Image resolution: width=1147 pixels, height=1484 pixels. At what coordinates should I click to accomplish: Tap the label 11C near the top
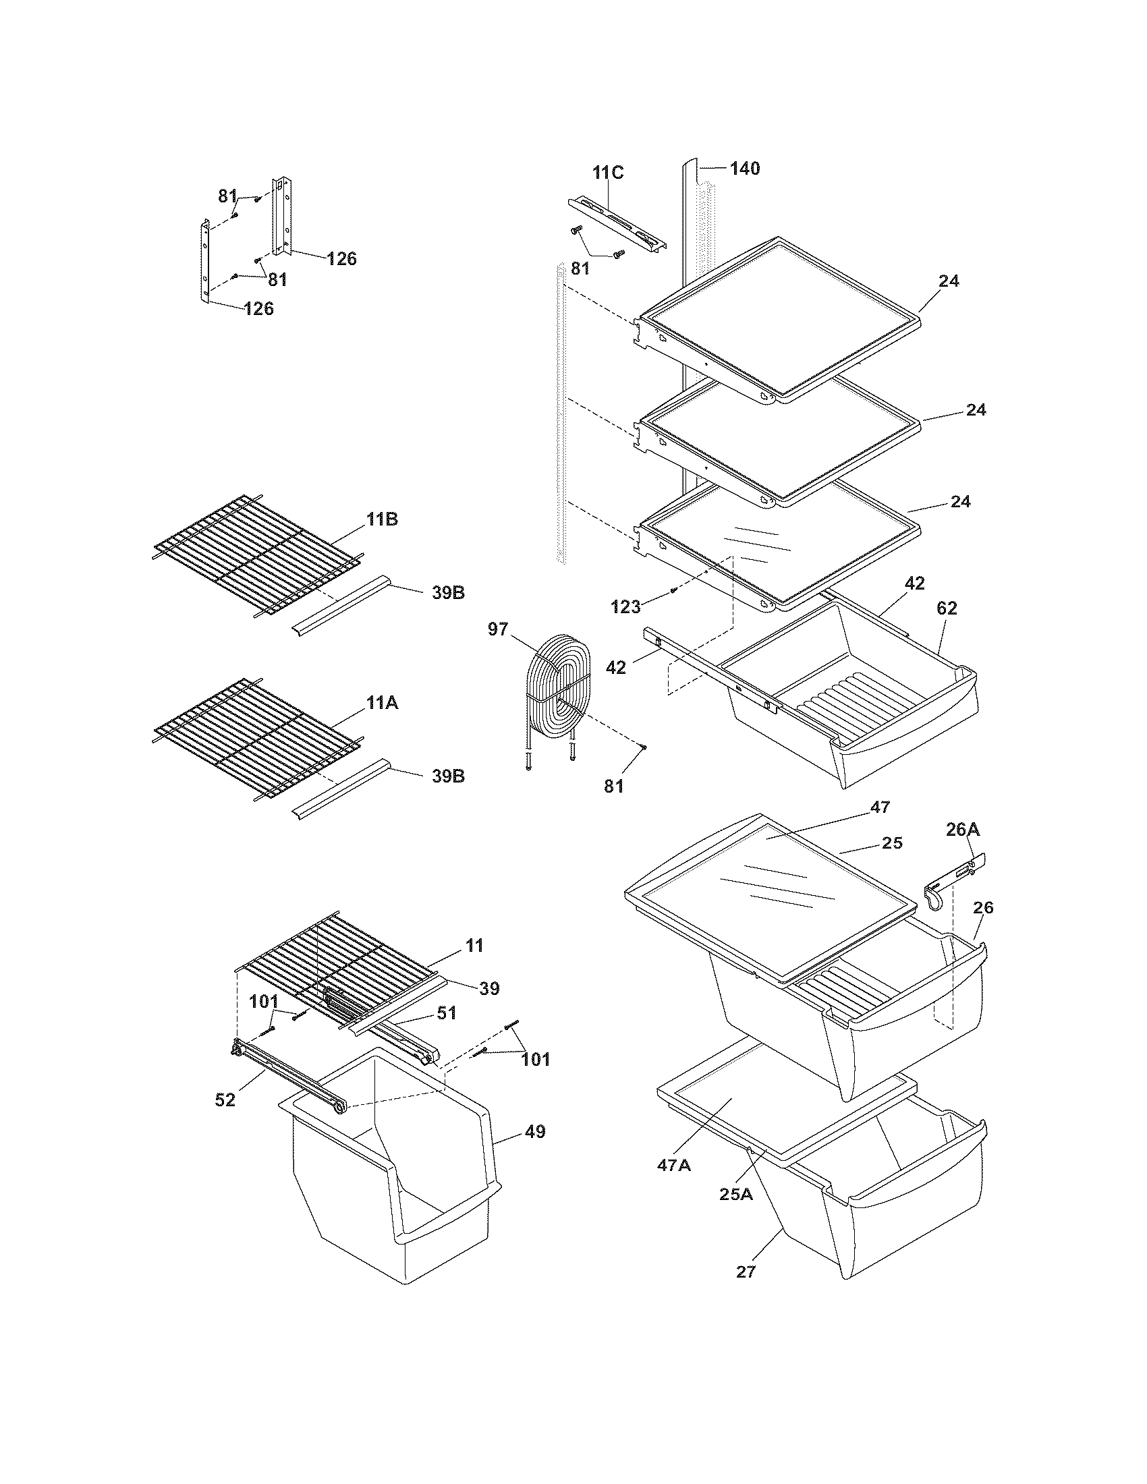click(x=607, y=173)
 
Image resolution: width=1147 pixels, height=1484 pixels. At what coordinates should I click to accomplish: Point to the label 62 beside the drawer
click(x=947, y=609)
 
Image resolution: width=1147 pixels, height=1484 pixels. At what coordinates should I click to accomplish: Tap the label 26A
click(x=963, y=829)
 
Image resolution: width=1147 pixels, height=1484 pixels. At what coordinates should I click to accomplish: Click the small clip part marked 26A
click(x=951, y=880)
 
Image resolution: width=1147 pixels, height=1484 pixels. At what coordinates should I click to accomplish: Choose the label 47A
click(x=674, y=1166)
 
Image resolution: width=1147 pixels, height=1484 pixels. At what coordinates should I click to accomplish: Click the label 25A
click(x=736, y=1194)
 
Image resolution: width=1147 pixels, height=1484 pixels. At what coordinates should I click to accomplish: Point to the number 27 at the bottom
click(x=746, y=1272)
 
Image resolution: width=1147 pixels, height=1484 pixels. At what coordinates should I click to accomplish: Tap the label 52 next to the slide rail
click(x=225, y=1100)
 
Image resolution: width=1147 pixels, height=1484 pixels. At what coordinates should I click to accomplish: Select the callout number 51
click(x=447, y=1012)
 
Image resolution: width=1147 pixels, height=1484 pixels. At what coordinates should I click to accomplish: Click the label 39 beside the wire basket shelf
click(x=489, y=989)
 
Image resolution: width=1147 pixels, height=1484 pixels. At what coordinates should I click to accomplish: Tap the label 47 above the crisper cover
click(x=880, y=807)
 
